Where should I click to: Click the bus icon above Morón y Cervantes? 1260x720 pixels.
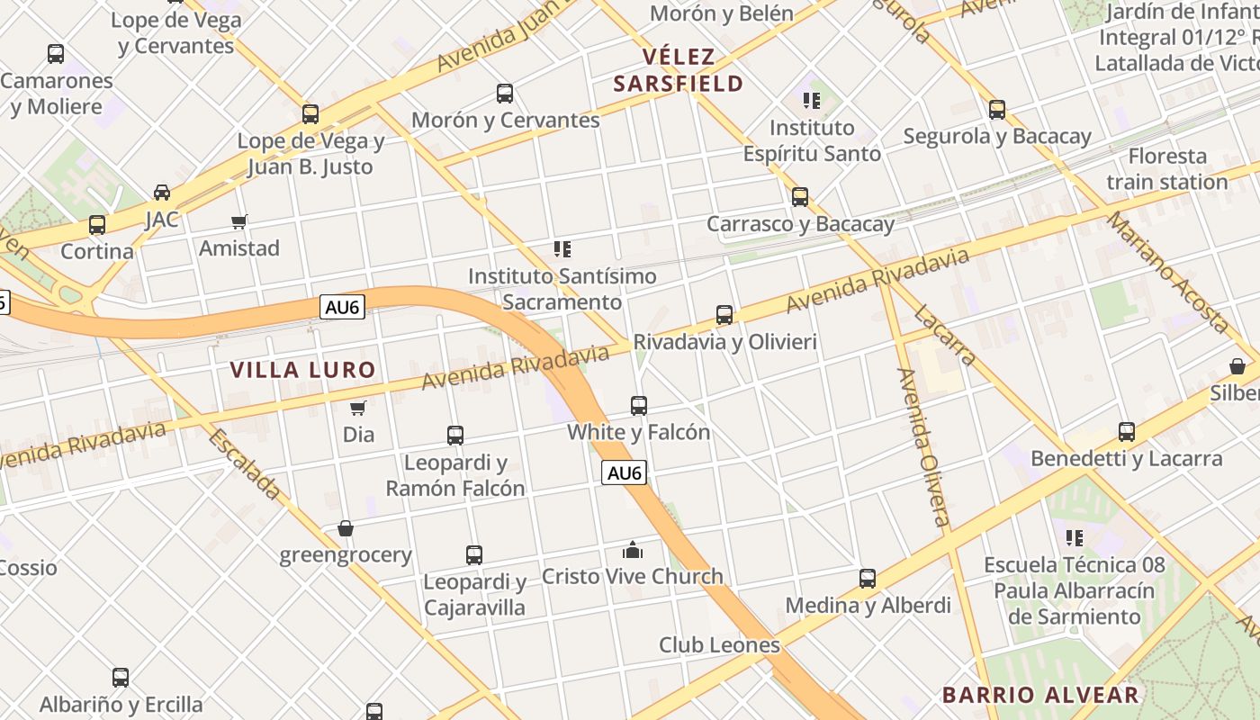[505, 94]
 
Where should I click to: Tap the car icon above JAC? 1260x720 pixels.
[162, 192]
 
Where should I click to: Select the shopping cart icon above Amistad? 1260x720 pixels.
[239, 221]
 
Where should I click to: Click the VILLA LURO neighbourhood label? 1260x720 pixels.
[302, 369]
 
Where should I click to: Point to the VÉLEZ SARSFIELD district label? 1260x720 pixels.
[679, 70]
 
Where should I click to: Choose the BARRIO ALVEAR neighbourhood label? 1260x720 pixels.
[1040, 695]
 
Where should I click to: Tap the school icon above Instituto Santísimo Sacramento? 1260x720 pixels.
[562, 249]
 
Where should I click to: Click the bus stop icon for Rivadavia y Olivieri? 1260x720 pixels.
[724, 315]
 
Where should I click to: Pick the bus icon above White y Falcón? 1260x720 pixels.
[639, 405]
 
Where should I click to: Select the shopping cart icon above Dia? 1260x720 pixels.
[358, 408]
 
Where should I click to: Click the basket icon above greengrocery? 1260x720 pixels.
[346, 528]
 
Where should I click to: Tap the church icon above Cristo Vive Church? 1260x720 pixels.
[633, 550]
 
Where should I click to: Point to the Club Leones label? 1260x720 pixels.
[719, 644]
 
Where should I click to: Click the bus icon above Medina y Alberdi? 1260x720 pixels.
[868, 578]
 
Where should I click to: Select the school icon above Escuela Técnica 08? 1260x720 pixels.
[1074, 538]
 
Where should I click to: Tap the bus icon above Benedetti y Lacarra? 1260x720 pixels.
[1127, 432]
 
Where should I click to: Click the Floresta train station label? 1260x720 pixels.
[1167, 168]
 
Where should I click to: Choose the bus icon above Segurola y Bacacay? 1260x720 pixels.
[997, 110]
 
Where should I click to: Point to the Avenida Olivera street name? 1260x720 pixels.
[922, 446]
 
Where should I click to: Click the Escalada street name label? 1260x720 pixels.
[244, 463]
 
